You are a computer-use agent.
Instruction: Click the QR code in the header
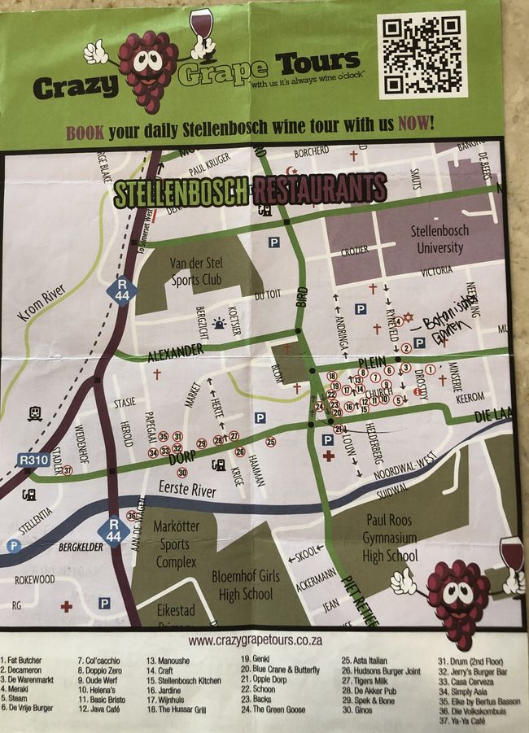click(x=421, y=54)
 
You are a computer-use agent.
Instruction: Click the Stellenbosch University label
click(x=437, y=240)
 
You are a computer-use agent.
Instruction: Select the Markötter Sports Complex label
click(x=176, y=544)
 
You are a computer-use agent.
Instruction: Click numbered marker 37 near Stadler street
click(x=68, y=470)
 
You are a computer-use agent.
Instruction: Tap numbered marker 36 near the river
click(x=132, y=515)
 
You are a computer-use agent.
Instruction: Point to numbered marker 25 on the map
click(x=270, y=442)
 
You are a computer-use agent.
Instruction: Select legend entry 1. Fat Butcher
click(x=23, y=661)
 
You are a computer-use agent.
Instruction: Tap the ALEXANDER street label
click(x=175, y=351)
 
